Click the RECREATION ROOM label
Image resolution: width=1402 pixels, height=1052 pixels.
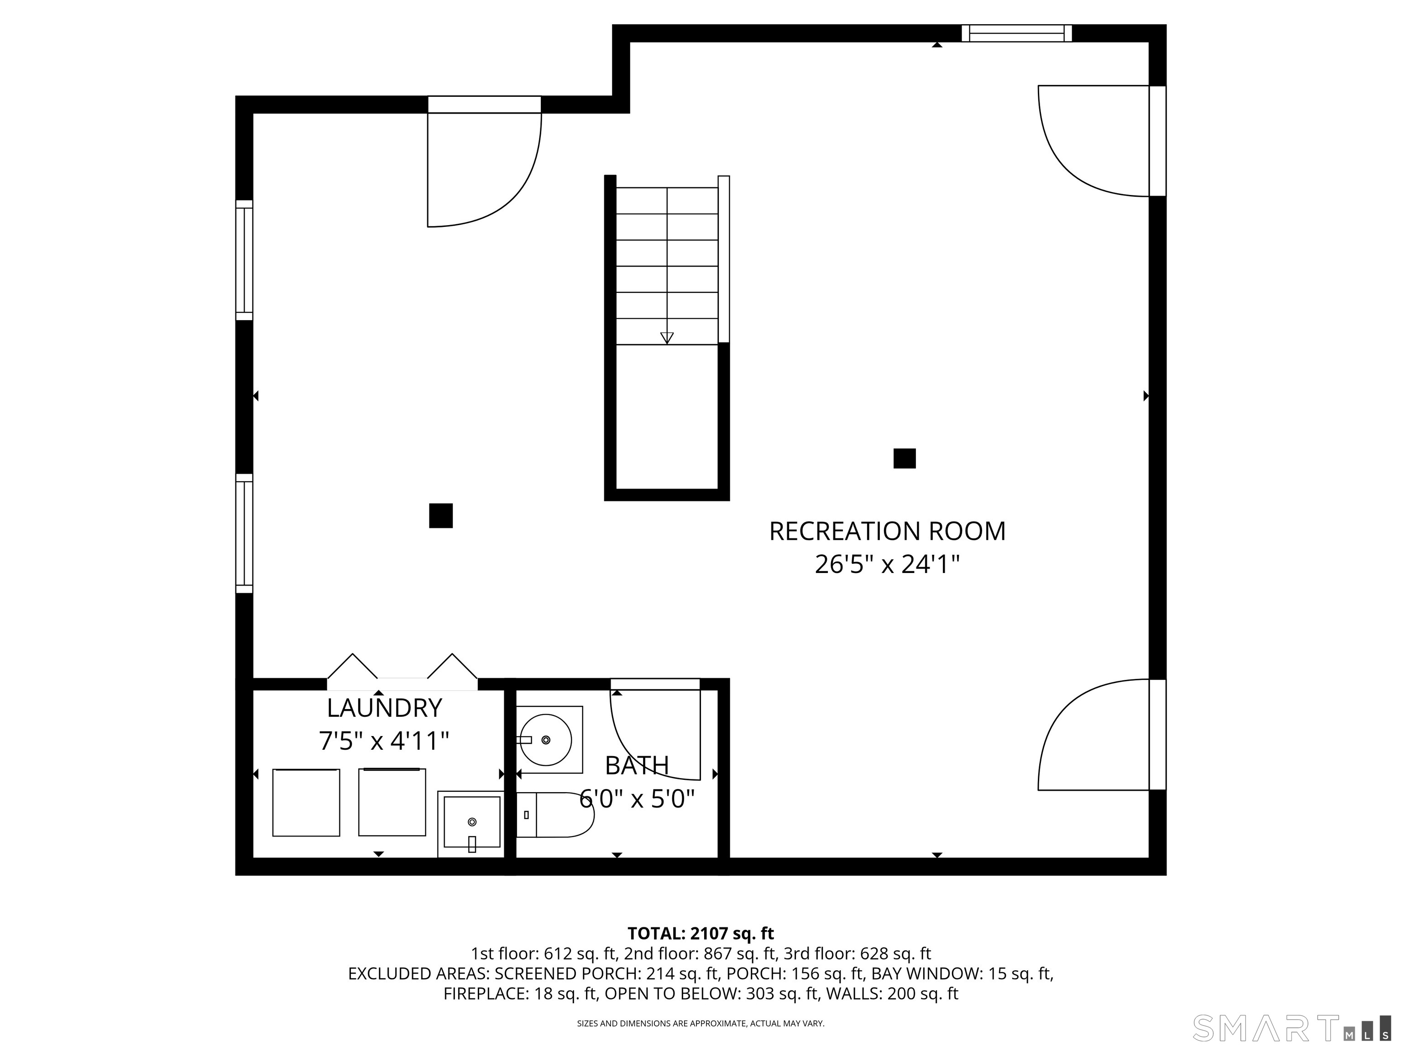click(x=887, y=531)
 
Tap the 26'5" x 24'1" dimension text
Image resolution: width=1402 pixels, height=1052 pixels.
click(x=887, y=564)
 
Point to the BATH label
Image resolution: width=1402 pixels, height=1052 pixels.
click(x=637, y=766)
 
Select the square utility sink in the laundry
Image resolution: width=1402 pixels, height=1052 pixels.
click(x=471, y=824)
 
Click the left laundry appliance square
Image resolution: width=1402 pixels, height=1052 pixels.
click(x=306, y=802)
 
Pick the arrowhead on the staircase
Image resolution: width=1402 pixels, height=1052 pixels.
click(x=667, y=338)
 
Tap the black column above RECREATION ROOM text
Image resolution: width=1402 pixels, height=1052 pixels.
click(x=905, y=458)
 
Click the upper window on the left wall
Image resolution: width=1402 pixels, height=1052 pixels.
click(x=245, y=261)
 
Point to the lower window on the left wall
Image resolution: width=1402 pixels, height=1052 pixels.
click(x=245, y=533)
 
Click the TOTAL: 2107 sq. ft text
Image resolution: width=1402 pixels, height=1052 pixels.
click(x=701, y=933)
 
